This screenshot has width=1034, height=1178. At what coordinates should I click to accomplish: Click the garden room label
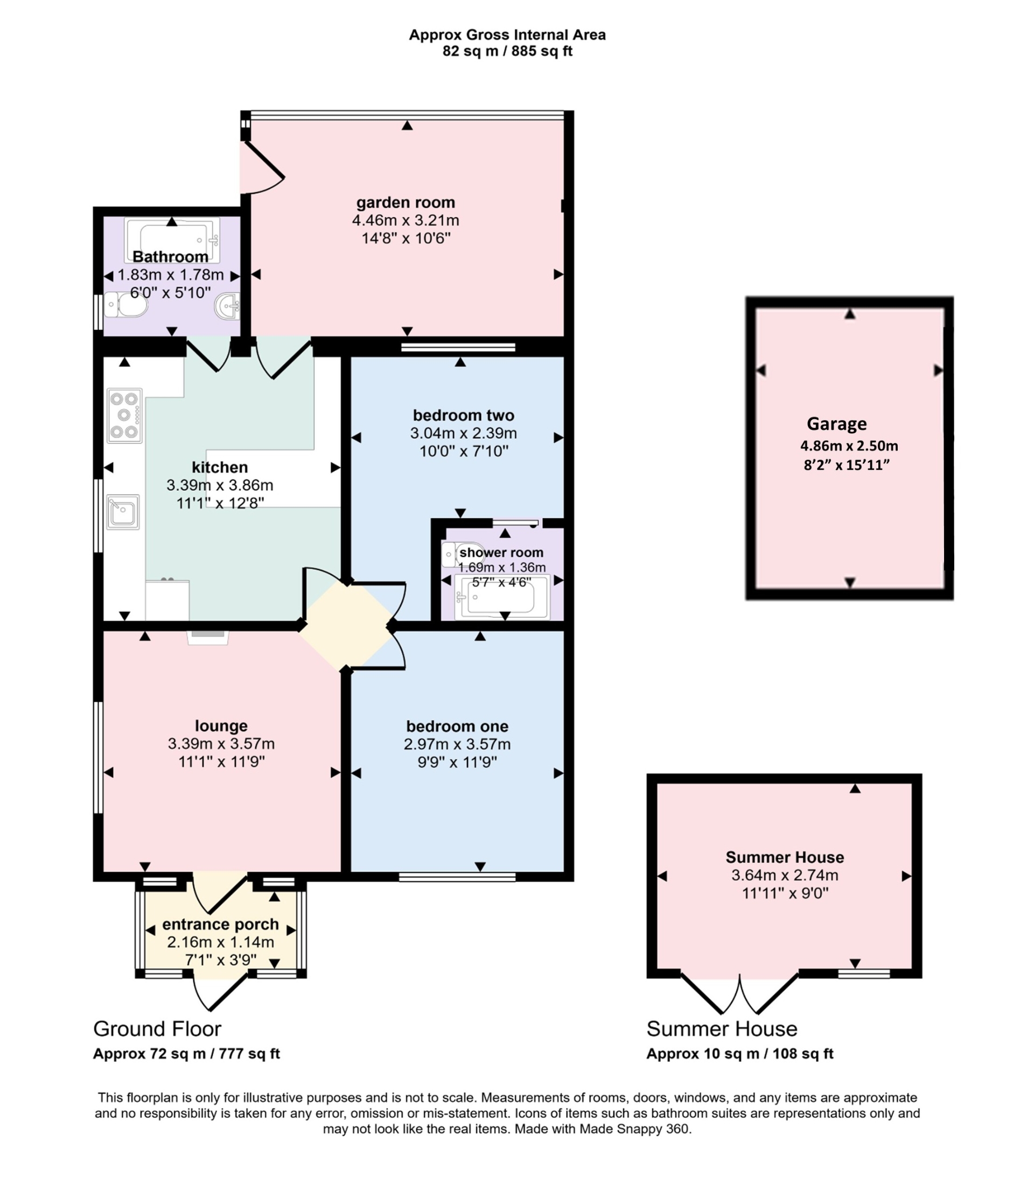point(406,202)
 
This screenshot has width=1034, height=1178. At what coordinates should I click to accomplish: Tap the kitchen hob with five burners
point(124,415)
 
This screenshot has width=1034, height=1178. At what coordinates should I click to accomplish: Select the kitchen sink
point(123,511)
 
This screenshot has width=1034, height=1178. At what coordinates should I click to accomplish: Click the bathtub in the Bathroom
point(172,240)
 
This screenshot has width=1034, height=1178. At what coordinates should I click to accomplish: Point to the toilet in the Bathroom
point(124,304)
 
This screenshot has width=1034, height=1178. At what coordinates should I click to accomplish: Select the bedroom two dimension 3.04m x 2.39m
point(463,433)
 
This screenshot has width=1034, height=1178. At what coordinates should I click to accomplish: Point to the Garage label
point(836,424)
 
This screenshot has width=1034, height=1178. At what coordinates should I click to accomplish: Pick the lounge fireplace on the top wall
point(207,636)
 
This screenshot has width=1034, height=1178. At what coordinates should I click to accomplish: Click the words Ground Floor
point(157,1028)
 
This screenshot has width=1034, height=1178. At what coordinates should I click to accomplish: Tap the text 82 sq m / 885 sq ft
point(507,51)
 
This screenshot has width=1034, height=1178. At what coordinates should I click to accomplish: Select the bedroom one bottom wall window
point(457,877)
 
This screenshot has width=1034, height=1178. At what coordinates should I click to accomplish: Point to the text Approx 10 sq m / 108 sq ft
point(739,1054)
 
